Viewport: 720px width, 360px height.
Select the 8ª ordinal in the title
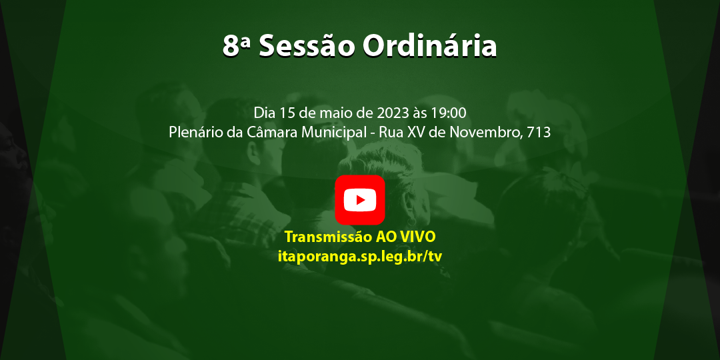(x=237, y=47)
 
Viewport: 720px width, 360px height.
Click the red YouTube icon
(x=360, y=200)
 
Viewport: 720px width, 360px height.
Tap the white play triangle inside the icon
(x=361, y=200)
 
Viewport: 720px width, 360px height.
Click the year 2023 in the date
(x=393, y=112)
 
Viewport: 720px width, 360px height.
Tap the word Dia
(x=264, y=112)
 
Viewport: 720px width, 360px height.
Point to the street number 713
(x=539, y=132)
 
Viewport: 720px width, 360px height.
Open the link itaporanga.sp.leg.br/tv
(x=360, y=256)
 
